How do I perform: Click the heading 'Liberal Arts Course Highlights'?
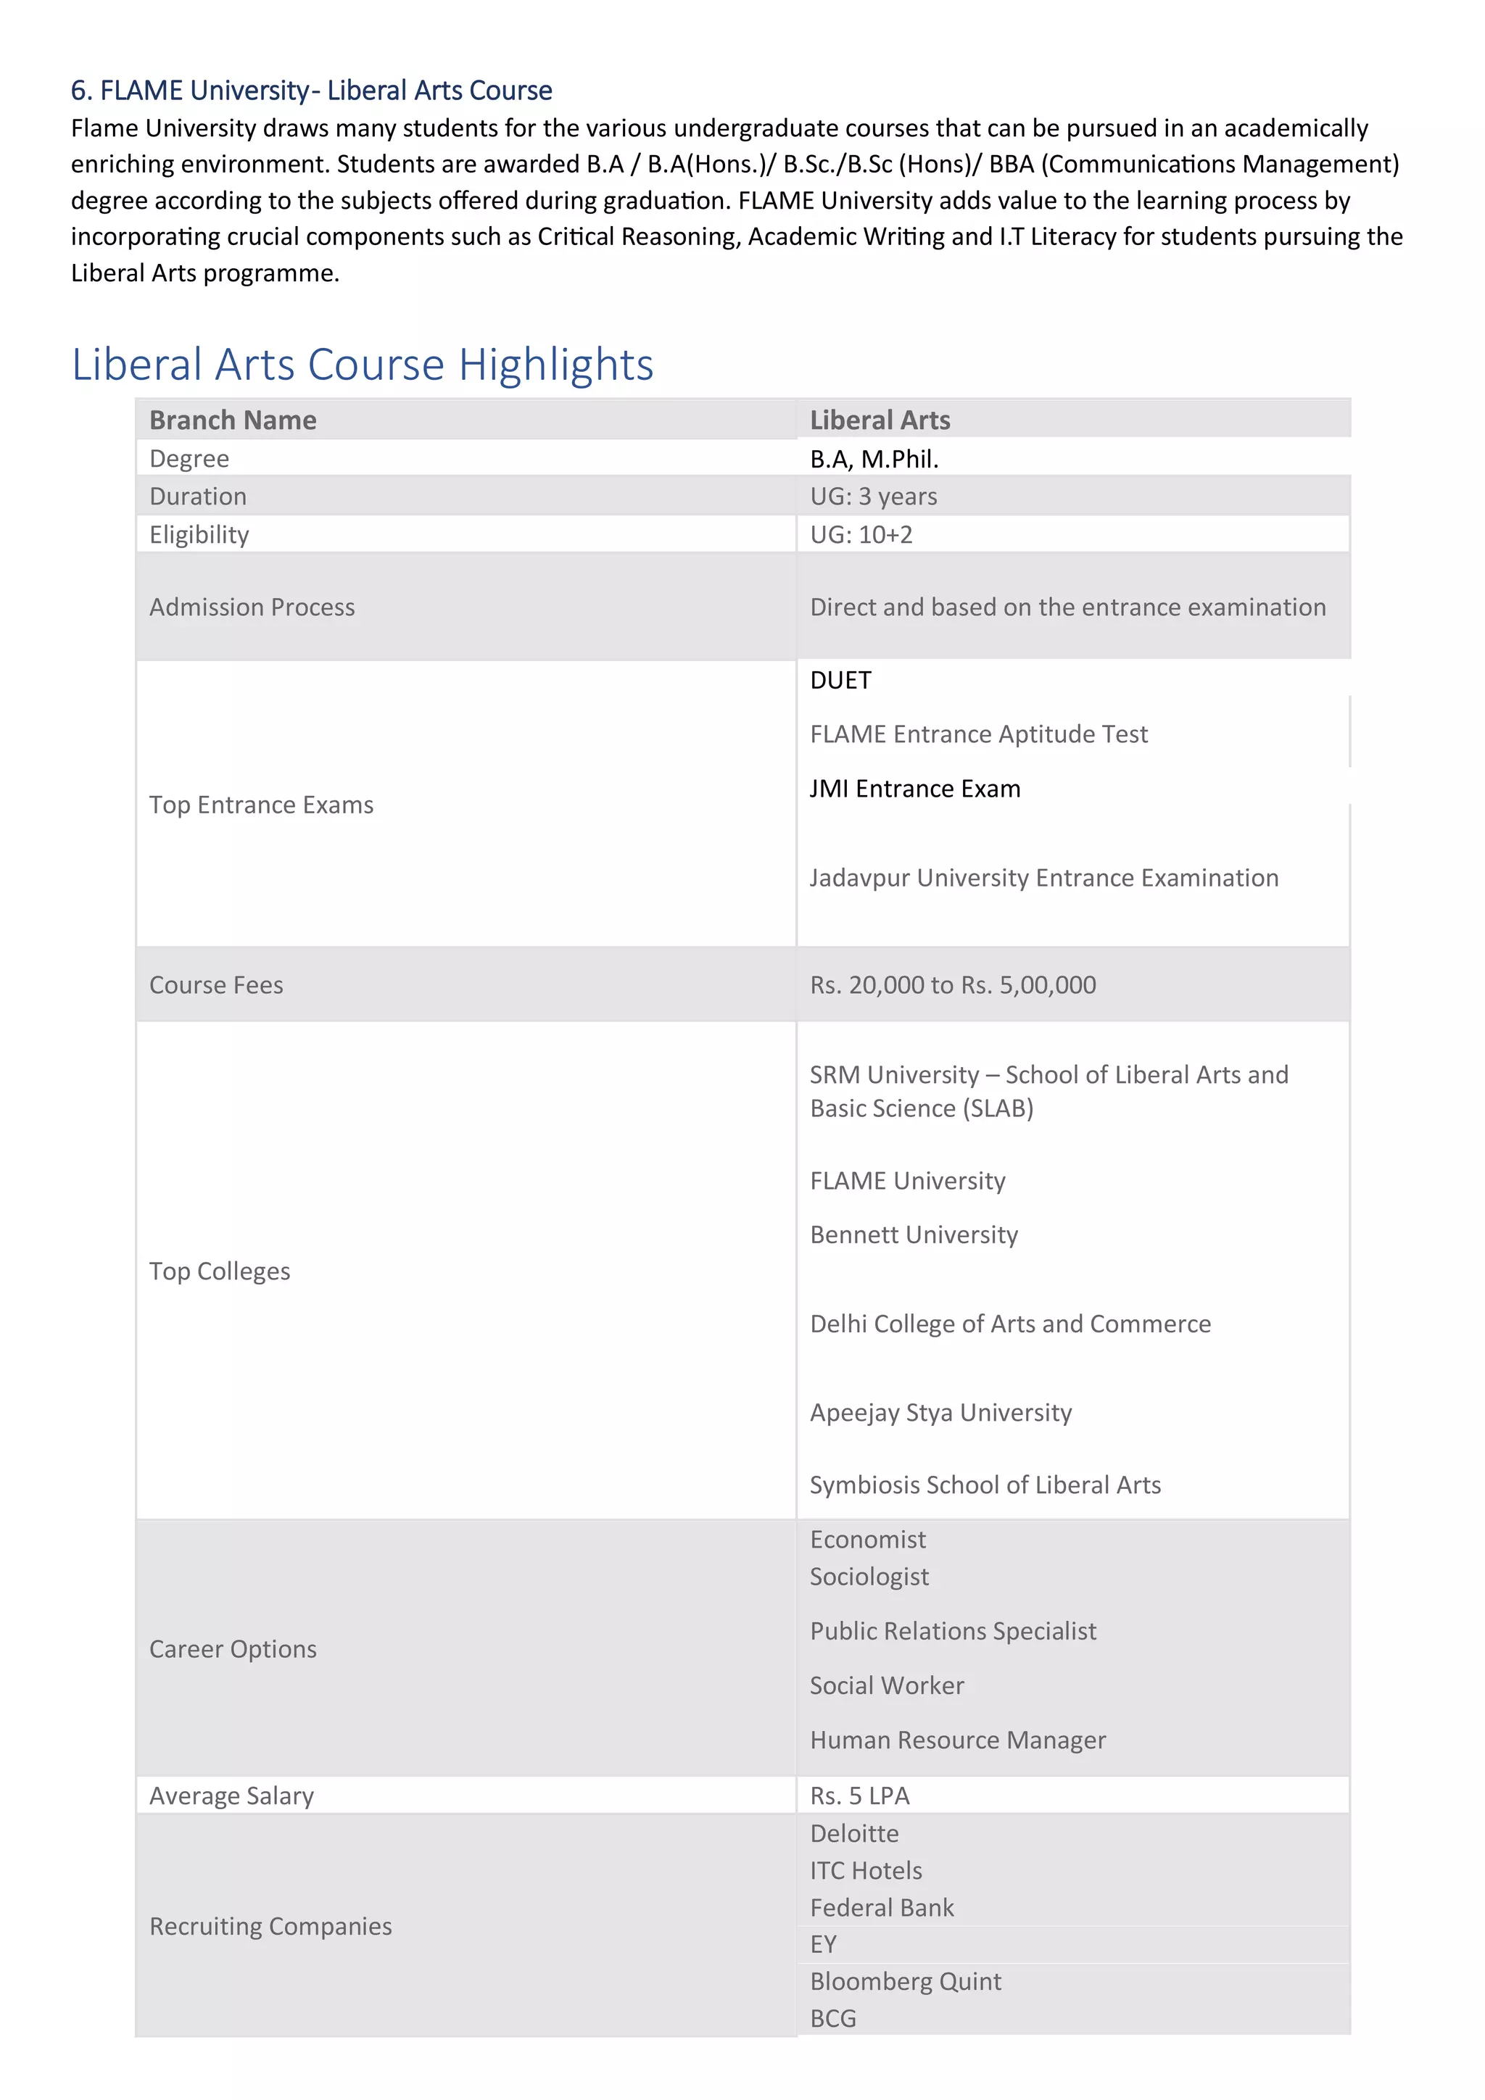(363, 364)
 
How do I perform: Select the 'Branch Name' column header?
(233, 420)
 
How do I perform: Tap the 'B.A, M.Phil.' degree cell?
(874, 458)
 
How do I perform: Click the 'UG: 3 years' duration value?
(873, 496)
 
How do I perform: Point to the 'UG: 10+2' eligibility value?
(861, 534)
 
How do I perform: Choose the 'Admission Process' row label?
(252, 607)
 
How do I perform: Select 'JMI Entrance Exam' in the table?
(914, 789)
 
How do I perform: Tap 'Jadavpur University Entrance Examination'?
(1043, 877)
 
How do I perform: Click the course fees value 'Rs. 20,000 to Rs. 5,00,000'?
(953, 984)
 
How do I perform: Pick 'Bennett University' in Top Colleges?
(913, 1234)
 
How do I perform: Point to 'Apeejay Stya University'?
(940, 1412)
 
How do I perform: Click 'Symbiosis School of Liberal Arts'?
(985, 1485)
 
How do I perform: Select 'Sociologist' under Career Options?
(869, 1576)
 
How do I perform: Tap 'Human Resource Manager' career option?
(957, 1740)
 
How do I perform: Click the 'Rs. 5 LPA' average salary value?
(859, 1796)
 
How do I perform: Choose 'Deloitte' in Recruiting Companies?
(853, 1833)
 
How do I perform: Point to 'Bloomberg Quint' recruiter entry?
(905, 1981)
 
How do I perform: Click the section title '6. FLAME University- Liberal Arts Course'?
(311, 90)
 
